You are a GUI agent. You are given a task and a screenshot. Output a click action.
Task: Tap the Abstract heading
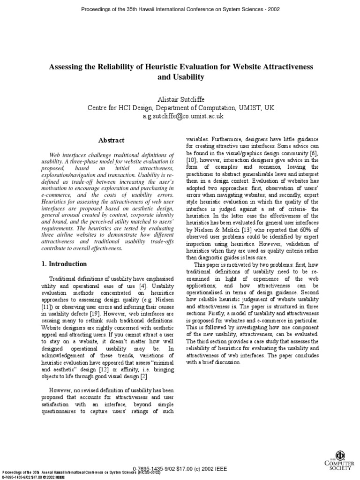[111, 140]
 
